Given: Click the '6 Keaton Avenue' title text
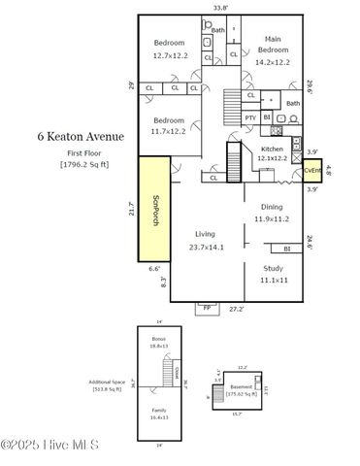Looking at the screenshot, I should [81, 137].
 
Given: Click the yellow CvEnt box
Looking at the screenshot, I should [311, 171].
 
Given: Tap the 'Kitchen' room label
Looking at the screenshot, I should [272, 149].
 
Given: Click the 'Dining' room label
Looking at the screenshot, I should [272, 207].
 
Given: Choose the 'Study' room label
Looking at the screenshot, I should [273, 268].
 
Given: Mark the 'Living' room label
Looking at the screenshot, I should [205, 234].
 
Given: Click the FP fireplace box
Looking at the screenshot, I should [205, 308].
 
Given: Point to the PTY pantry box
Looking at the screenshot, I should [250, 117].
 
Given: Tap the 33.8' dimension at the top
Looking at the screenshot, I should [220, 8].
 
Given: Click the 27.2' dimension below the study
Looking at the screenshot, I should [236, 309].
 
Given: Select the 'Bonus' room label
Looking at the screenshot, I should [158, 338].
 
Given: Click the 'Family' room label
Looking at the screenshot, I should [158, 411].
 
